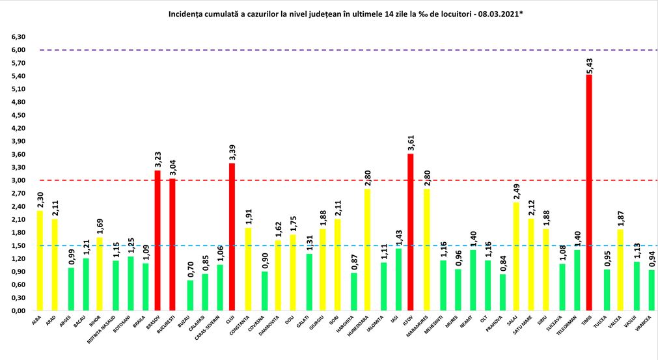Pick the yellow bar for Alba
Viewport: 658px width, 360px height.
point(39,260)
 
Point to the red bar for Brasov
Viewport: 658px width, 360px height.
point(158,240)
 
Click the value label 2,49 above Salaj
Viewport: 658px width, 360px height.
point(517,191)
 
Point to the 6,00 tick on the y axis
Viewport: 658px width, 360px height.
point(19,50)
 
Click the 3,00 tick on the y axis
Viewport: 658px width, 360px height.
point(19,180)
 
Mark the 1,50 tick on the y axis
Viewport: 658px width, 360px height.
point(19,245)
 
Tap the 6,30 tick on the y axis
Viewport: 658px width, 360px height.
point(19,37)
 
